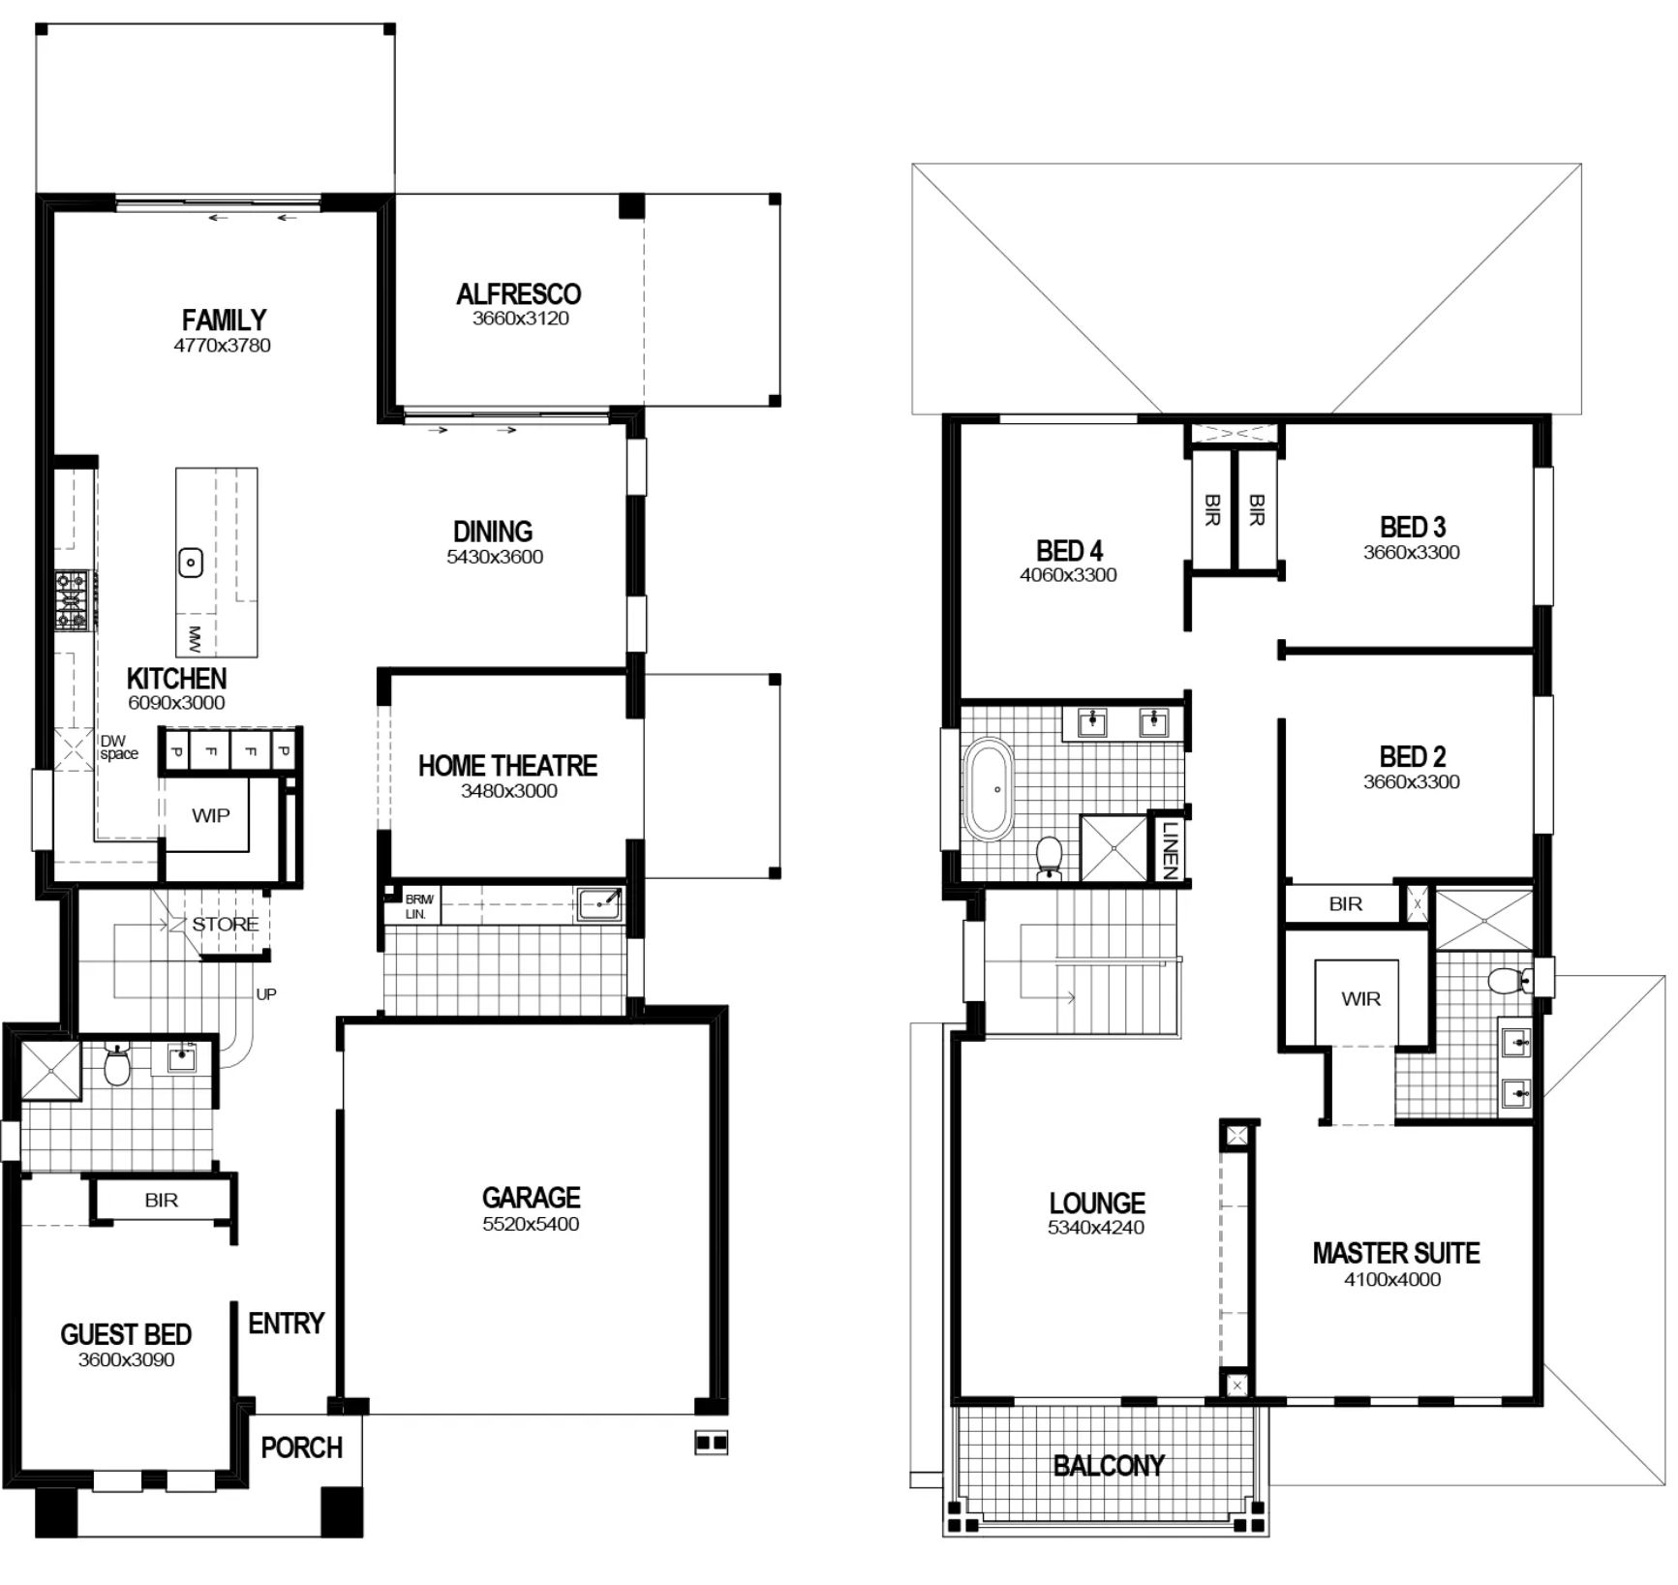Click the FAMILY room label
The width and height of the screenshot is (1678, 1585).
point(224,320)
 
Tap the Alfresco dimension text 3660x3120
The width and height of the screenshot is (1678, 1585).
point(520,319)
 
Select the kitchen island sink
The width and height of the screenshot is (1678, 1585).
point(192,562)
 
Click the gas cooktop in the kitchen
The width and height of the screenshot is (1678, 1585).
point(72,600)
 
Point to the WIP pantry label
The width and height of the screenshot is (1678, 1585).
point(211,815)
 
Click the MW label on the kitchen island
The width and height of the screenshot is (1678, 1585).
point(195,637)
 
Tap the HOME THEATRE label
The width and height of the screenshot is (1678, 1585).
point(507,766)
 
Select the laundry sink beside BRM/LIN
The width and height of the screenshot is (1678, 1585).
point(598,903)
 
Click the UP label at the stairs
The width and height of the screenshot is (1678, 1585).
point(266,993)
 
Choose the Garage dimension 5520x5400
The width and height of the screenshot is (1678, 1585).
point(531,1224)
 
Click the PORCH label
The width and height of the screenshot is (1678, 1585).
point(301,1448)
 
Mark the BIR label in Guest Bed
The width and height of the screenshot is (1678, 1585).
point(161,1200)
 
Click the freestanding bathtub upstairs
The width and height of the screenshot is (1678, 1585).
point(989,789)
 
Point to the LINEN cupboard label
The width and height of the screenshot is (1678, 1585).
point(1169,849)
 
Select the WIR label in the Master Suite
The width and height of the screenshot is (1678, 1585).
point(1360,998)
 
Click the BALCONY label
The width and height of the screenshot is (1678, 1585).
point(1108,1465)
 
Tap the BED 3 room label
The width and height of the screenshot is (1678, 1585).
point(1412,528)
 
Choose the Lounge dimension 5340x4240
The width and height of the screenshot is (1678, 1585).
point(1095,1227)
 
